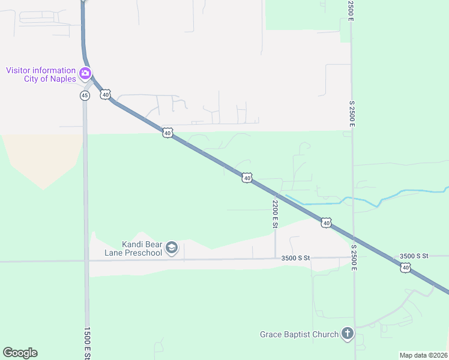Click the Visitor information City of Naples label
click(x=41, y=74)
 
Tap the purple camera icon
click(x=85, y=74)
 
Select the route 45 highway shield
click(x=85, y=95)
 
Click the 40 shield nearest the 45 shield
click(x=106, y=95)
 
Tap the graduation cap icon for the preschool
click(x=172, y=248)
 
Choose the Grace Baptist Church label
click(x=299, y=334)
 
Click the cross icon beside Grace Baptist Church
click(x=347, y=334)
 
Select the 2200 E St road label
click(x=275, y=214)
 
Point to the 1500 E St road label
click(x=87, y=343)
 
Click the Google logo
click(x=20, y=353)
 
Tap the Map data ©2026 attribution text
click(x=423, y=355)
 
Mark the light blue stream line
click(x=360, y=200)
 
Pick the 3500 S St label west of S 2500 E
click(x=295, y=258)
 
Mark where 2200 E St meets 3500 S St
click(x=276, y=259)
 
